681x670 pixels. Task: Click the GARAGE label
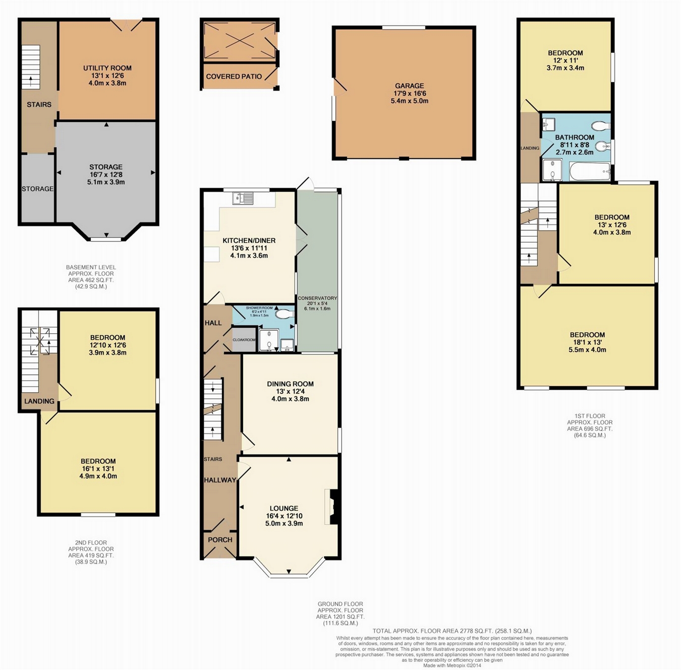coord(409,86)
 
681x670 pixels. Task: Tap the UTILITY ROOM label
coord(107,68)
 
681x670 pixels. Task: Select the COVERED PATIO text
coord(234,77)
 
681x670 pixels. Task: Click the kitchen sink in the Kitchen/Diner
coord(243,198)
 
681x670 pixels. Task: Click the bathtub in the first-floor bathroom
coord(590,172)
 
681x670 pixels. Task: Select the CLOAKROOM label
coord(244,340)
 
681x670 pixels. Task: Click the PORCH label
coord(220,540)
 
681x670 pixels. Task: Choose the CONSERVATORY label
coord(317,298)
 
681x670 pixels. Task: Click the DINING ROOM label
coord(290,384)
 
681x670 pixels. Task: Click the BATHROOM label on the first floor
coord(574,138)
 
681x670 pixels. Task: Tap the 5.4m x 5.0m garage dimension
coord(409,101)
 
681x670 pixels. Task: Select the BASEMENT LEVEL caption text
coord(91,267)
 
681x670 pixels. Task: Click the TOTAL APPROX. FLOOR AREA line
coord(452,631)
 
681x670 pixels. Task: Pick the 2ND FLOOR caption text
coord(91,542)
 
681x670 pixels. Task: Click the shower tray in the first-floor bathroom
coord(552,170)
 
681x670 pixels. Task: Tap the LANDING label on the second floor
coord(39,401)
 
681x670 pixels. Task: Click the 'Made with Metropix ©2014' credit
coord(452,665)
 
